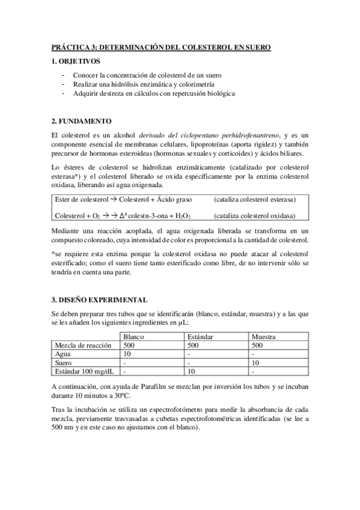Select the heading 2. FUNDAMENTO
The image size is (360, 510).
click(82, 121)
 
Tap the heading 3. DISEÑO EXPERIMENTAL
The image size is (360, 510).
click(100, 300)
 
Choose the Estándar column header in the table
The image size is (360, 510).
click(201, 337)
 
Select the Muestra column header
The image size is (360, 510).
click(264, 337)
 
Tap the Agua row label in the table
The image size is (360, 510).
click(63, 354)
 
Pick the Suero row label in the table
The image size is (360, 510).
click(64, 363)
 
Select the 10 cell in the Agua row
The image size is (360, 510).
click(127, 354)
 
